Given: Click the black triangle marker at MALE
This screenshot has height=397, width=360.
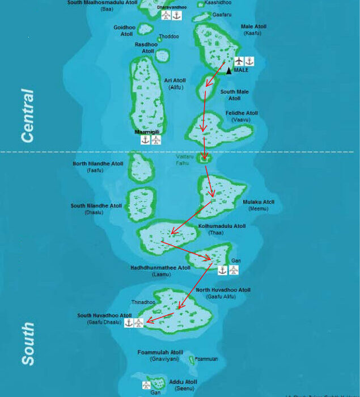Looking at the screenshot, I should [x=229, y=71].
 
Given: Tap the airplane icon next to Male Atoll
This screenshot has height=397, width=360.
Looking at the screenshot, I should [x=239, y=61].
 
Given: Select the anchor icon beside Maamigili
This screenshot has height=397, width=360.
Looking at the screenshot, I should [x=146, y=140].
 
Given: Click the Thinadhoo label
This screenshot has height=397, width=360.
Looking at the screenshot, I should [x=142, y=302].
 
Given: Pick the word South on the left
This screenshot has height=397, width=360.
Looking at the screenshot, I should [x=28, y=344].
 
